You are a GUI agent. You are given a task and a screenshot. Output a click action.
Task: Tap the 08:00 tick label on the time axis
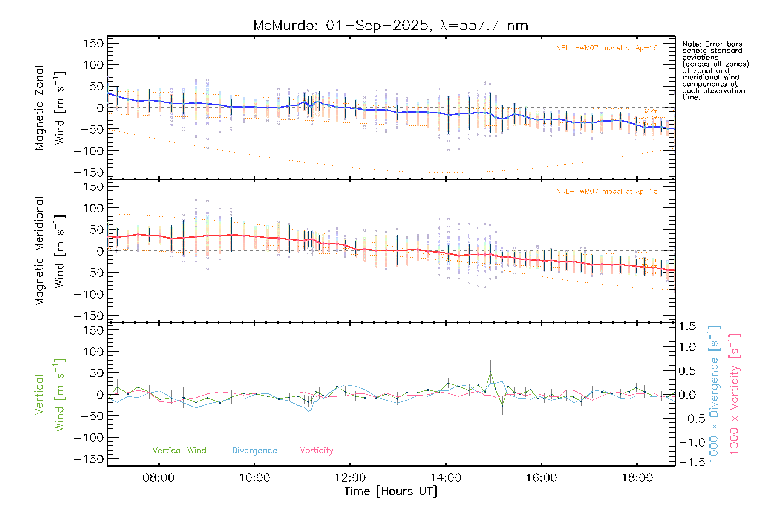[159, 477]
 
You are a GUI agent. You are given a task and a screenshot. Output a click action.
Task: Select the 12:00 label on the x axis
[350, 477]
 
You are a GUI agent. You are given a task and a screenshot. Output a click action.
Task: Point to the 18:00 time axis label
[637, 477]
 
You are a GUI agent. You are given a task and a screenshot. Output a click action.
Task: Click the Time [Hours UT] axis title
[390, 491]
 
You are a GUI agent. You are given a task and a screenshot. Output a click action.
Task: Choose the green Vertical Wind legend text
[179, 450]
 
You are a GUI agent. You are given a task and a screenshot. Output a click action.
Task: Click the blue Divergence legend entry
[254, 450]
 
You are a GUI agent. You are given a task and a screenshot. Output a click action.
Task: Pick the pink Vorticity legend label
[316, 450]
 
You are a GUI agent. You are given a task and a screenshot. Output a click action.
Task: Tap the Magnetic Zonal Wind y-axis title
[50, 108]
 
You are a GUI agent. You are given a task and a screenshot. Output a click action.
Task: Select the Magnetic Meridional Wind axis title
[50, 251]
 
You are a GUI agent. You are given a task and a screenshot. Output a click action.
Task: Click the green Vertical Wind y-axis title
[50, 394]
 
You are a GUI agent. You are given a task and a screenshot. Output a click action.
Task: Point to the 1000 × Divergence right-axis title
[714, 394]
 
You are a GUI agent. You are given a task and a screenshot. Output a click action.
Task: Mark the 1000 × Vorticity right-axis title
[735, 394]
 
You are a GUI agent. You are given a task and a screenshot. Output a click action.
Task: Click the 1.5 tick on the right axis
[687, 326]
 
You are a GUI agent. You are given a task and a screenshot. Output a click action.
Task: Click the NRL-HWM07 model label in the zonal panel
[607, 48]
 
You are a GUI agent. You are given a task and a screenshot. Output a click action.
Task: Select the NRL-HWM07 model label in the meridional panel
[607, 192]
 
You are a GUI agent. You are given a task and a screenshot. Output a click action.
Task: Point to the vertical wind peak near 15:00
[490, 372]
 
